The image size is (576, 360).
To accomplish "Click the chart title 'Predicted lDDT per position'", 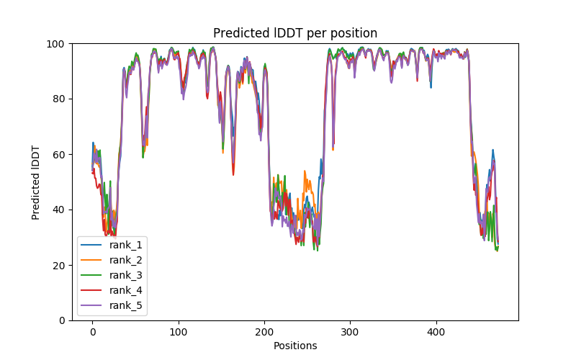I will [295, 33].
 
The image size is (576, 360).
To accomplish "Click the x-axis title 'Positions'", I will [295, 346].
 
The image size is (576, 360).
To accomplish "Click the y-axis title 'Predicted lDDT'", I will [36, 182].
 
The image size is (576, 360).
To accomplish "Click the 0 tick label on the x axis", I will [92, 330].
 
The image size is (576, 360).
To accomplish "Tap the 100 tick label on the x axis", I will [178, 330].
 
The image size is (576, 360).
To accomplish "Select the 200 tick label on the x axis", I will [264, 330].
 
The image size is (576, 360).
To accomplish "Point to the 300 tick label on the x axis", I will [350, 330].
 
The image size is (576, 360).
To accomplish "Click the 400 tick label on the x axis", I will [436, 330].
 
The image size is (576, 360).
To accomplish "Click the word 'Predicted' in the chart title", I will [237, 33].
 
